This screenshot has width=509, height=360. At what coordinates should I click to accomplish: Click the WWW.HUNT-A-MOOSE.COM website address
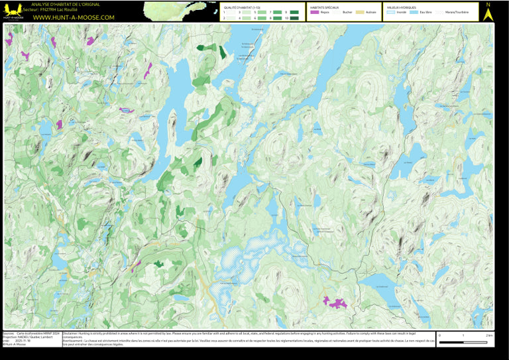74,17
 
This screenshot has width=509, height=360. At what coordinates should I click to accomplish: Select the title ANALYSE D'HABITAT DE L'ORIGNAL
70,5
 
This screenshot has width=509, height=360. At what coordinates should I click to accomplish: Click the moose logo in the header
13,11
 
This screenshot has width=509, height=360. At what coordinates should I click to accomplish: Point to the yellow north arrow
488,14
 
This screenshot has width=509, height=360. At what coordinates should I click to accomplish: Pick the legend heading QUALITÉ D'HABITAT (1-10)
242,7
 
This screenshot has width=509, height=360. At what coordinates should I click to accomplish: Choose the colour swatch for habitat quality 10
294,18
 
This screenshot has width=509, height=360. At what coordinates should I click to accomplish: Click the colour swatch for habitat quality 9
294,13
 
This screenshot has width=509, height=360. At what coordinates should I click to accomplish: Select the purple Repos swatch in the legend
315,13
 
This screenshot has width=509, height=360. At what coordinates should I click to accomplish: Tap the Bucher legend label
347,13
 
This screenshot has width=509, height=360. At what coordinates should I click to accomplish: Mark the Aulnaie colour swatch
360,13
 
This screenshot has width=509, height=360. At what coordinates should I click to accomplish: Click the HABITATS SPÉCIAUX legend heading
325,7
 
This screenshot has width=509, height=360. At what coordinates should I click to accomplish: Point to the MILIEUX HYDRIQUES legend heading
402,7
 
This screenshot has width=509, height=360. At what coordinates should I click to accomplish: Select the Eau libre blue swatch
414,13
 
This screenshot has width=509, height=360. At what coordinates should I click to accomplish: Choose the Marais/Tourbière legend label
457,13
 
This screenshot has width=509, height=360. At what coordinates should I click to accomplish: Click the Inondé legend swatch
391,13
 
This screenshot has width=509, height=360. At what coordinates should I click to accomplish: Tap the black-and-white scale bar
463,342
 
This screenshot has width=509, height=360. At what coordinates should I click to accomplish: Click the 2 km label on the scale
489,335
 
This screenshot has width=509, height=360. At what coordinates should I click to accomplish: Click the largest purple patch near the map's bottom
335,303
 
